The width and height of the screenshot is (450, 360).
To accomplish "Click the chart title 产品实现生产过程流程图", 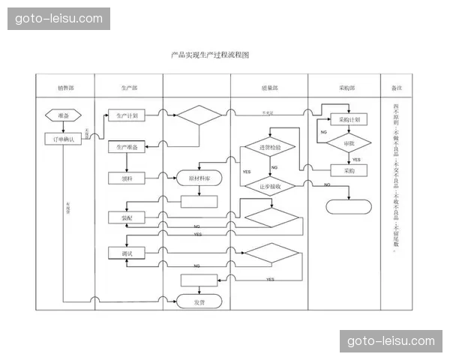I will pos(209,55).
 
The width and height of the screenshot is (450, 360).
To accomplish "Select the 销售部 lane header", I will pos(65,88).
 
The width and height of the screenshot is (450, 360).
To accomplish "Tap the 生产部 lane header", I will pos(129,88).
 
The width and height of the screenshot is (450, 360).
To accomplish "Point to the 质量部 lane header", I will pos(269,88).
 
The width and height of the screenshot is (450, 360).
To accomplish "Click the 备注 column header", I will pos(397,88).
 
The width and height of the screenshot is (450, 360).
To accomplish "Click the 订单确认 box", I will pos(64,139).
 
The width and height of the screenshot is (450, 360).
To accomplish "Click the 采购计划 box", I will pos(349,119).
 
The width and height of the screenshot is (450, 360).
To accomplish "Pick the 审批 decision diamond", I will pos(349,142).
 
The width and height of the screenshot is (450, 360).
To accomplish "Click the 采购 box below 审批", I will pos(349,170).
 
